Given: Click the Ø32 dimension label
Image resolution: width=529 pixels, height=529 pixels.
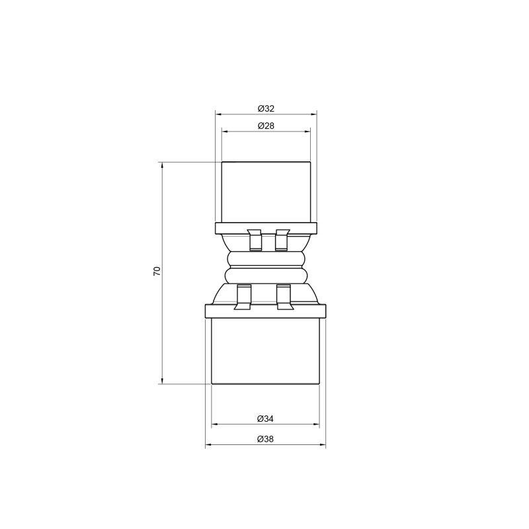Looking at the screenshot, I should tap(266, 108).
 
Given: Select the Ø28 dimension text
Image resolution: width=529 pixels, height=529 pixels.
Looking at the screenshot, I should tap(266, 126).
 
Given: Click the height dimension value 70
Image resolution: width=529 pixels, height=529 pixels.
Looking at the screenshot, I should tap(157, 272).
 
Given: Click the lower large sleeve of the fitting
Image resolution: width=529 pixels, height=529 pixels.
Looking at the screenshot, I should tap(265, 350).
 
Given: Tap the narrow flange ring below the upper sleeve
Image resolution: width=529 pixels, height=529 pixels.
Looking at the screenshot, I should tap(266, 229).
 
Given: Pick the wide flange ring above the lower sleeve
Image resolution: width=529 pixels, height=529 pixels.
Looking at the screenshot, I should tap(266, 311).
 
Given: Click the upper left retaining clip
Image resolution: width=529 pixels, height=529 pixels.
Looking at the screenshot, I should tap(253, 240).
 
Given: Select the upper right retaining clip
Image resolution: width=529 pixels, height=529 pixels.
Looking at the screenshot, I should tap(282, 240).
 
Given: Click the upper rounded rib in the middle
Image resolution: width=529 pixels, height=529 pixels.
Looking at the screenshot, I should tap(265, 259).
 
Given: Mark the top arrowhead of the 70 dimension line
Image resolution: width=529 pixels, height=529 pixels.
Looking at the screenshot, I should tap(162, 166).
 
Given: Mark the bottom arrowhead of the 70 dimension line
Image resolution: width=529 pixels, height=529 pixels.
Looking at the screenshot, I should tap(162, 379).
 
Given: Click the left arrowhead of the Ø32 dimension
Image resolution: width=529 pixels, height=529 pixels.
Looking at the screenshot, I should tap(219, 114).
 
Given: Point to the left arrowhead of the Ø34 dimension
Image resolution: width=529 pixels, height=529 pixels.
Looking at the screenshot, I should tap(214, 425).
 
